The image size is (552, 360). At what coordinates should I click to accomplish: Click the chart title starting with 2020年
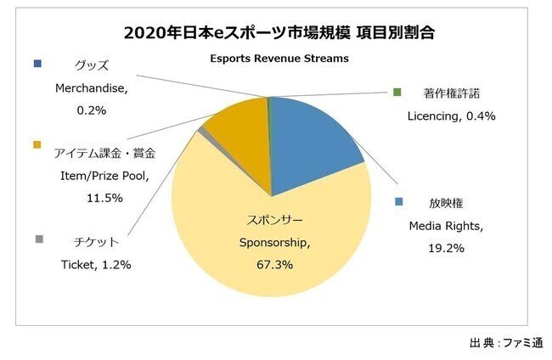[275, 33]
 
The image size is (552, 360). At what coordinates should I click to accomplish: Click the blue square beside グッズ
[37, 64]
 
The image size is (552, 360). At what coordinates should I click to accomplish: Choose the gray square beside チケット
[37, 240]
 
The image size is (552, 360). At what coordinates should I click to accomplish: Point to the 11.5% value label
[105, 197]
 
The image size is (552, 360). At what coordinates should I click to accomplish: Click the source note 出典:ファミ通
[504, 342]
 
